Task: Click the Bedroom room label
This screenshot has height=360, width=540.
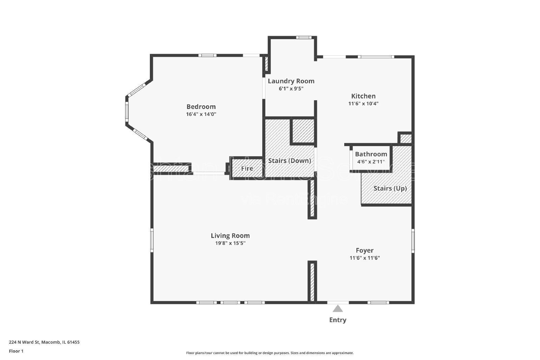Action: (201, 107)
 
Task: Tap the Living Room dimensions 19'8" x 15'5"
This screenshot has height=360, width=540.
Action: (230, 243)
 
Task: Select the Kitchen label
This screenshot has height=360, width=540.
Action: (363, 96)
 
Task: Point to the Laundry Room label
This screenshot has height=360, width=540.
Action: (291, 81)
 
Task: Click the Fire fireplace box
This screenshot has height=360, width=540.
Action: (247, 168)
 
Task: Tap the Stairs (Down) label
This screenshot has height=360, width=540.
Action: (289, 161)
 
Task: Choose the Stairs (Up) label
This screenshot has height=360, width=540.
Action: (390, 188)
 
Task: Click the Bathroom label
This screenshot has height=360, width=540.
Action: (371, 154)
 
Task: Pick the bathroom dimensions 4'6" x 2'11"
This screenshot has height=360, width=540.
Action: (371, 162)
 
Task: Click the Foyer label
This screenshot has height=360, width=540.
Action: (364, 250)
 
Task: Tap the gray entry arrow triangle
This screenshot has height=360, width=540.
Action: (338, 309)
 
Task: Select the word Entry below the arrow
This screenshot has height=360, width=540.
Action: (337, 320)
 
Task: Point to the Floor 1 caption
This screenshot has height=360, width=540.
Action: (16, 351)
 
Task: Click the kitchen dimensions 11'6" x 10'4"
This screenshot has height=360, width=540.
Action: (363, 104)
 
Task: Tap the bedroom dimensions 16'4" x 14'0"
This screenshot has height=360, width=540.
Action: (201, 114)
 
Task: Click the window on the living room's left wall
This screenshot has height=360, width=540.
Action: (152, 240)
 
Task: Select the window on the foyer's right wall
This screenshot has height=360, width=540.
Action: (413, 240)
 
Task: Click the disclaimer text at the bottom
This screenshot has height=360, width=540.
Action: (270, 353)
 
